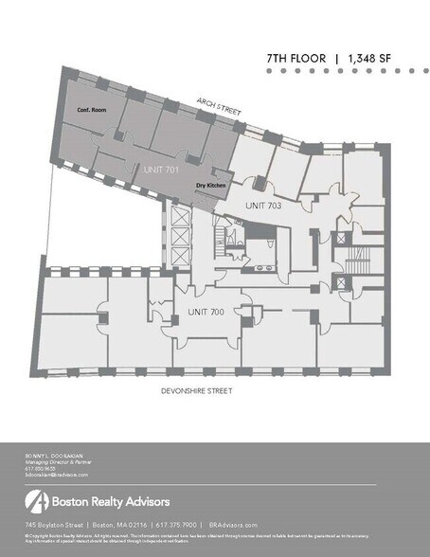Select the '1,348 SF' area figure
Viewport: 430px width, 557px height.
pos(370,59)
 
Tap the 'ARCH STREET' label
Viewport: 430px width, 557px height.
pos(219,105)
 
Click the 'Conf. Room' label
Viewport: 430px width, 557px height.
pos(93,110)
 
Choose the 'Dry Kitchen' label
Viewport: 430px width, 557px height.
pos(210,186)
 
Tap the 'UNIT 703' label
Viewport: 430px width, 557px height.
pos(263,205)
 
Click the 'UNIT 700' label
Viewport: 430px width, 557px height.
pos(205,311)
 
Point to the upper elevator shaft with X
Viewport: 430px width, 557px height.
pos(177,220)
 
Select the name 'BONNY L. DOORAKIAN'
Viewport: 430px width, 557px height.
pos(54,456)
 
